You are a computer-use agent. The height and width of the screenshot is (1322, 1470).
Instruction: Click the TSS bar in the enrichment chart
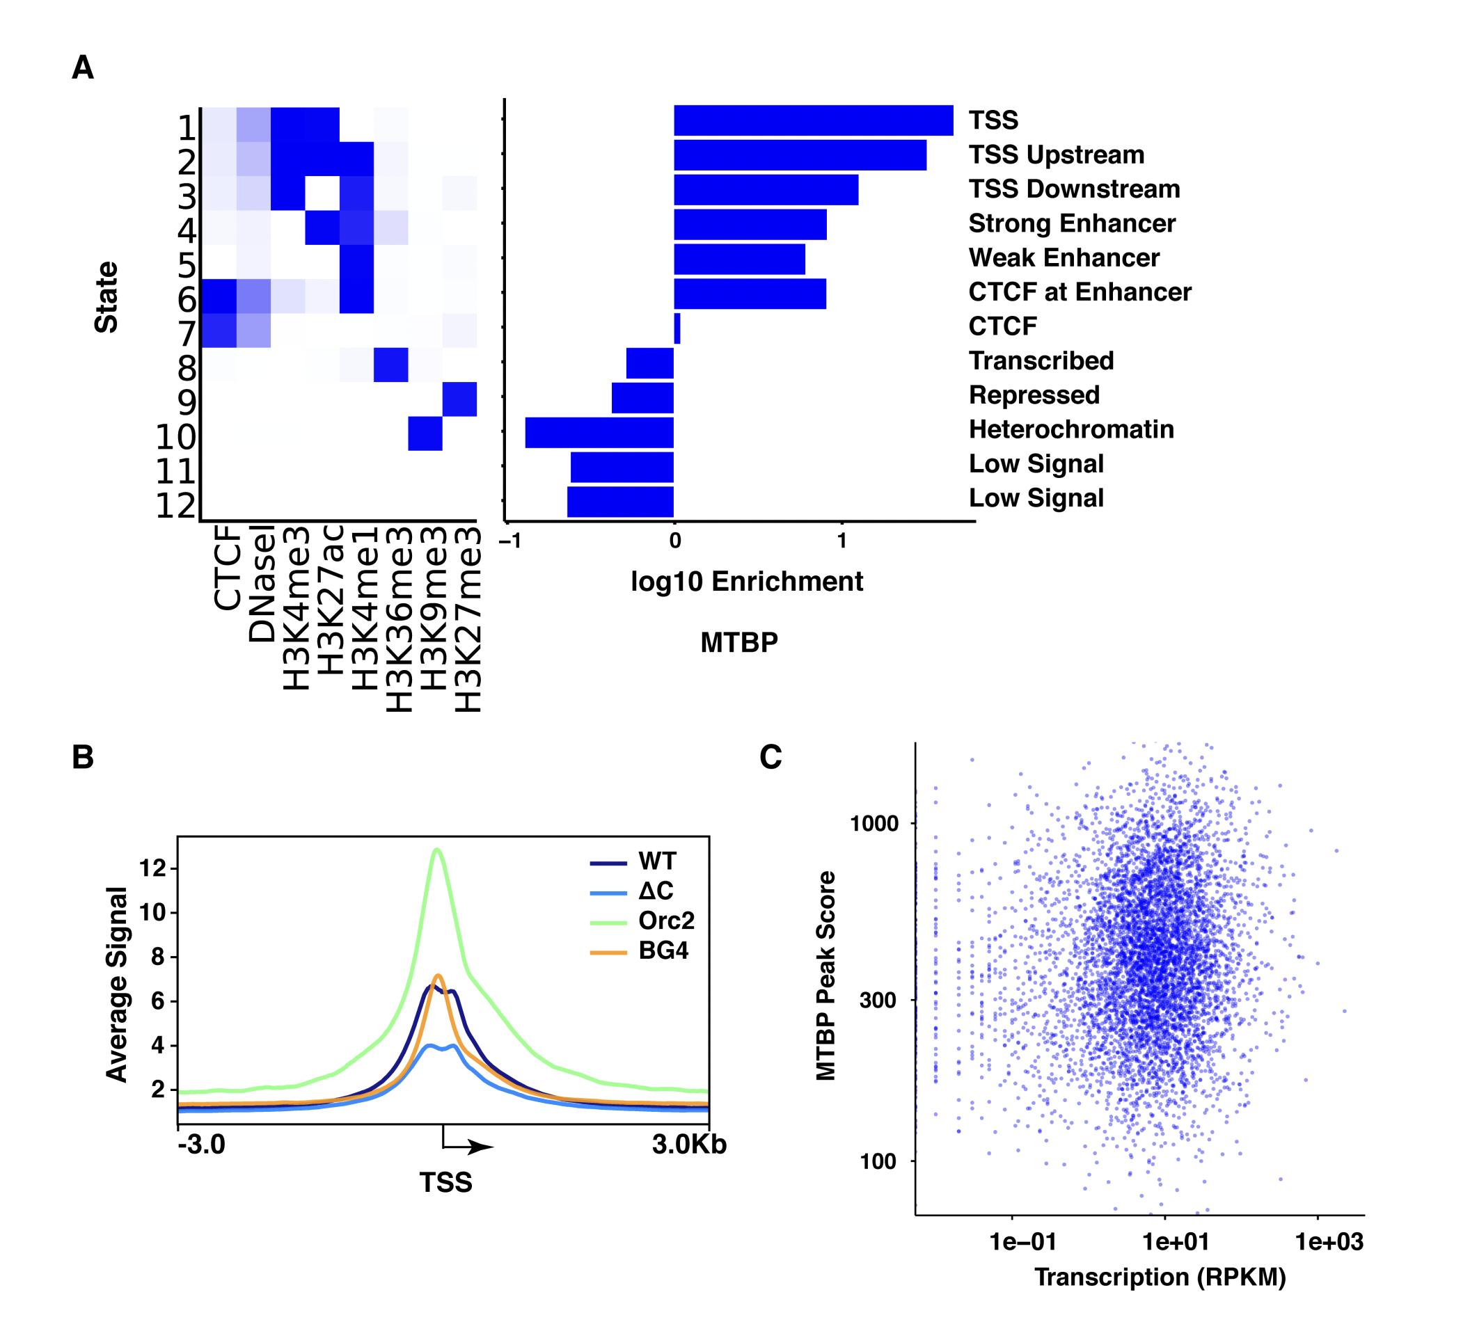(x=813, y=120)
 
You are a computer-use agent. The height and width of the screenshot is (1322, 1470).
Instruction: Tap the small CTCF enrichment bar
(x=677, y=328)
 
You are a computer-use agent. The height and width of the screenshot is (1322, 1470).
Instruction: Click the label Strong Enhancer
(x=1072, y=224)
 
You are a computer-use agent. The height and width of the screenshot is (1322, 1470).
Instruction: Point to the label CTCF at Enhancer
(x=1080, y=292)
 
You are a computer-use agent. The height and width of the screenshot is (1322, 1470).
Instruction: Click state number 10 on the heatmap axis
(x=176, y=437)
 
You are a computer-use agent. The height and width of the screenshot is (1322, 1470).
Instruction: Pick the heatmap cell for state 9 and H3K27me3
(x=460, y=399)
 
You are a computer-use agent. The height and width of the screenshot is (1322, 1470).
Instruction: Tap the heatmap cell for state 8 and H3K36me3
(x=391, y=365)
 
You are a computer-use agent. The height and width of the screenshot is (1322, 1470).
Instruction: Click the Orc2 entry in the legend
(x=666, y=921)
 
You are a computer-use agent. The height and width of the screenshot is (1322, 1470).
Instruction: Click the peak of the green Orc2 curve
(x=436, y=849)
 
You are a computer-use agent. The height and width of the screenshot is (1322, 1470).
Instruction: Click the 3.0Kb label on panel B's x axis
(x=688, y=1145)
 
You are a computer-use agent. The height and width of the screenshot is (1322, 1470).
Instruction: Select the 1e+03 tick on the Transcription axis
(x=1329, y=1242)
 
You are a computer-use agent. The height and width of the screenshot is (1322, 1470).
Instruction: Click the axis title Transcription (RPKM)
(x=1160, y=1277)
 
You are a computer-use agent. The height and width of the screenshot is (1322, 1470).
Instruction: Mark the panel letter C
(x=770, y=758)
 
